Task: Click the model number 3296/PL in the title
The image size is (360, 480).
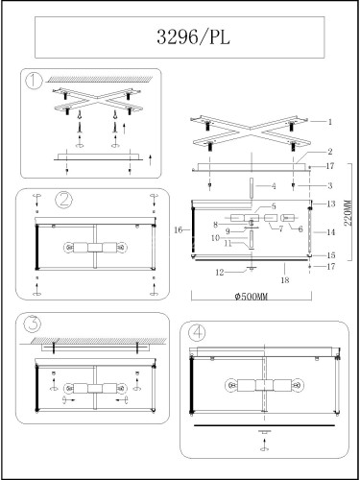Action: [x=193, y=37]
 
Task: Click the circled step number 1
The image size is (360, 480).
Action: [x=34, y=81]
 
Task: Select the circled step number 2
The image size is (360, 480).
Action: [x=64, y=201]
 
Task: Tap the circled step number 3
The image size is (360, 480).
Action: [x=33, y=324]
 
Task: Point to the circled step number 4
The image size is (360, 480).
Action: [x=197, y=333]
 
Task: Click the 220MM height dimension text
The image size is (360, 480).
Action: [x=348, y=213]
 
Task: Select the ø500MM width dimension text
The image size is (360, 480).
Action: [x=252, y=297]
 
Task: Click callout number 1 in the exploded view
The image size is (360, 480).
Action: [x=330, y=122]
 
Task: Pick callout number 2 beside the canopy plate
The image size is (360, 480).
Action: [x=330, y=152]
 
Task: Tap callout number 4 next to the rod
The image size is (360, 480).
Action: [x=274, y=186]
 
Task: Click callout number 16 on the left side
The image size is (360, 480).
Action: [x=179, y=229]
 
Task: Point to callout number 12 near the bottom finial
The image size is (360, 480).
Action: [x=220, y=273]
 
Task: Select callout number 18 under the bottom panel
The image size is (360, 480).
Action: [x=285, y=280]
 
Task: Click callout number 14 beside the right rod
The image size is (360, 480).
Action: [x=331, y=232]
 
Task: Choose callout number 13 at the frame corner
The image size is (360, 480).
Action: [x=331, y=204]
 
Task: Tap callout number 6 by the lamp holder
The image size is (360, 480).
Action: [x=300, y=229]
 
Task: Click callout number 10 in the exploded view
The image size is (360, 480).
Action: [x=215, y=238]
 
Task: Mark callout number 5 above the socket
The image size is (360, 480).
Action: [x=274, y=206]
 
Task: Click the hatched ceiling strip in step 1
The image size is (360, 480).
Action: [x=99, y=79]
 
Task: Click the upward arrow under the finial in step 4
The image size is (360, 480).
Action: [x=264, y=443]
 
